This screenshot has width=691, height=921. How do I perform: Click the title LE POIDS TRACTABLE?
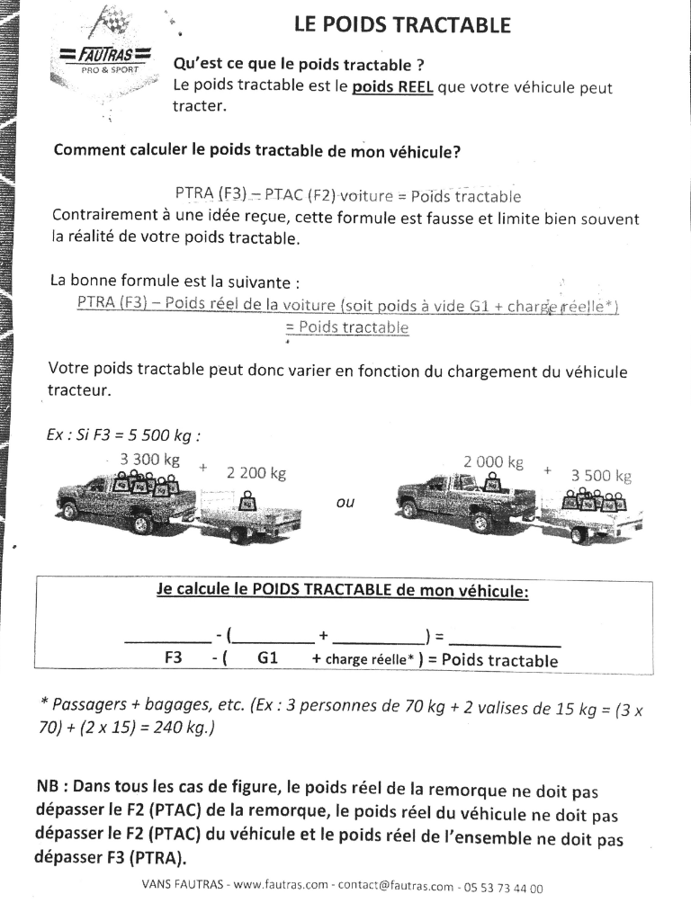point(402,25)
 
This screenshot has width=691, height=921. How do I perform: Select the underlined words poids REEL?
point(391,88)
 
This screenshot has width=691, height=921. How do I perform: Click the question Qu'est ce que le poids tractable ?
point(299,66)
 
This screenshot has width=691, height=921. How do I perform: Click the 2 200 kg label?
point(256,473)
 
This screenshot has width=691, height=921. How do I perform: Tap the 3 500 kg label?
point(601,476)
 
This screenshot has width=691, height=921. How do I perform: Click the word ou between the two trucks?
point(345,503)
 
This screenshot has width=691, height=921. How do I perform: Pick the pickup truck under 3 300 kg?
point(126,504)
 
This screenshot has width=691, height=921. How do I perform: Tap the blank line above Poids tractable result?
point(505,643)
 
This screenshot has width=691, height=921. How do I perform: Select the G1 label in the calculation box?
point(268,658)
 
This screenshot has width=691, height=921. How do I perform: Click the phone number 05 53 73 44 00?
point(504,888)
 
